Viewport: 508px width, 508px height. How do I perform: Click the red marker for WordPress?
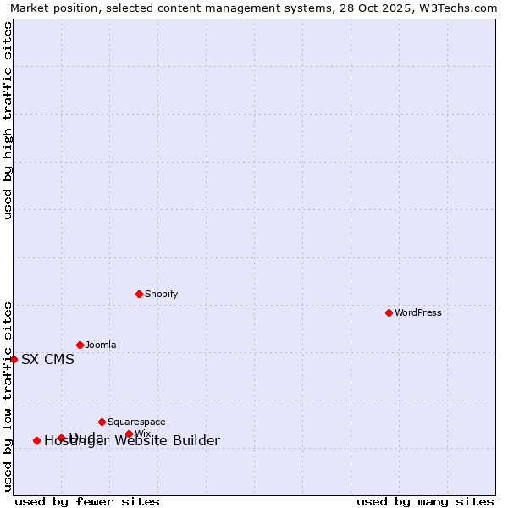coord(389,312)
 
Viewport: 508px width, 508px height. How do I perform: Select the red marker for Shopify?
coord(139,294)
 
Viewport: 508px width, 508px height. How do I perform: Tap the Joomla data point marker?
coord(80,345)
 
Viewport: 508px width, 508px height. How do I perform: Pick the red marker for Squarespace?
coord(102,422)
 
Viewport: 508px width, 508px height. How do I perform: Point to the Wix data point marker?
coord(129,433)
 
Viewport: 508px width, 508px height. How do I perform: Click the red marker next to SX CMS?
coord(14,359)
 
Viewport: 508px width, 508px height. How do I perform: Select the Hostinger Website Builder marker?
coord(36,440)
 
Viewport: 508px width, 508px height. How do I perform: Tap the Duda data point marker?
coord(61,438)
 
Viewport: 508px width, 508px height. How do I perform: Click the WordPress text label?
coord(418,312)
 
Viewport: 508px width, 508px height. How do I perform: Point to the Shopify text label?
coord(161,294)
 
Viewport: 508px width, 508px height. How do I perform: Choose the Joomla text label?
coord(101,345)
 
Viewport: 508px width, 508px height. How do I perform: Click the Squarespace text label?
coord(136,422)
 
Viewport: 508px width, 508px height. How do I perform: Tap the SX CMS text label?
coord(47,359)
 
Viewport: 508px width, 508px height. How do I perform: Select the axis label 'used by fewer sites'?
coord(87,501)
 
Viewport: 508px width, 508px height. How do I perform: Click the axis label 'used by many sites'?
coord(425,501)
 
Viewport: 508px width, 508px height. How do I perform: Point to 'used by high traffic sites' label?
coord(8,121)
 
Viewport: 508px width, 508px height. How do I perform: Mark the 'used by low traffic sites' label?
coord(8,395)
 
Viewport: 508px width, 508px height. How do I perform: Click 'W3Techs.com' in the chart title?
coord(462,8)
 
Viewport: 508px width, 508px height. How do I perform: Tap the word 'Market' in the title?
coord(29,8)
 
